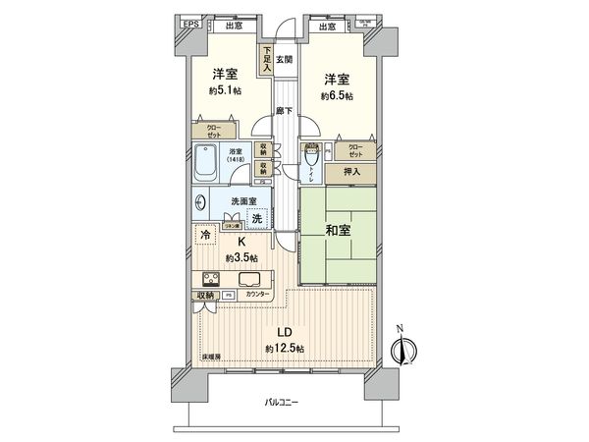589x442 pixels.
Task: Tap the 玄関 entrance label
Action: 284,61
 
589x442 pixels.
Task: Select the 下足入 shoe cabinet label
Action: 266,61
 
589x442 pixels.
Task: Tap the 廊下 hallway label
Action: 284,111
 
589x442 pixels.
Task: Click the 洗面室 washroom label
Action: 243,201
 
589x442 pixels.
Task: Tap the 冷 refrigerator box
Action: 206,236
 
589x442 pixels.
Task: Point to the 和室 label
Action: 338,234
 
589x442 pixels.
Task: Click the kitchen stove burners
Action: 211,277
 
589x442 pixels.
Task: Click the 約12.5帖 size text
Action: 285,350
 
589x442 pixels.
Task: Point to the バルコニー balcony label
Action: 286,403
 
